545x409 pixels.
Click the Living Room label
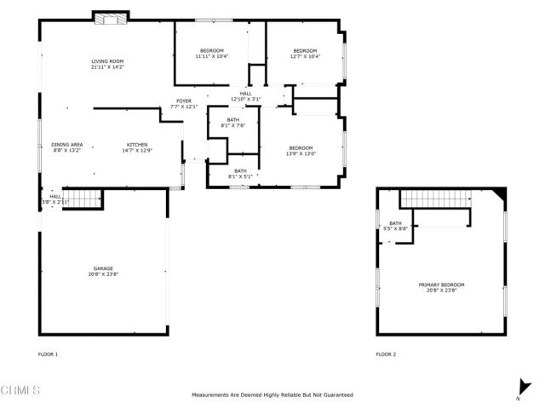click(x=108, y=64)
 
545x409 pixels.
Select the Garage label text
click(x=103, y=271)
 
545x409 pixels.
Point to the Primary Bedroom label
click(x=441, y=287)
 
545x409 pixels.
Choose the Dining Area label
click(x=66, y=147)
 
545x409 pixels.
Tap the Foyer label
click(x=183, y=104)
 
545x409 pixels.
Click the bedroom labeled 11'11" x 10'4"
click(x=212, y=54)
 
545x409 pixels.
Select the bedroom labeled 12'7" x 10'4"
click(x=304, y=54)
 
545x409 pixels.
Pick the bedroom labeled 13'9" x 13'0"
click(x=301, y=151)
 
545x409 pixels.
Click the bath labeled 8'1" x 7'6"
click(x=233, y=123)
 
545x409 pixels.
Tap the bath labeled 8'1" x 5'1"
click(x=241, y=174)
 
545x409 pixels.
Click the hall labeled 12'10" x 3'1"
click(x=245, y=96)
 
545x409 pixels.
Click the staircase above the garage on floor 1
click(x=83, y=199)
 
